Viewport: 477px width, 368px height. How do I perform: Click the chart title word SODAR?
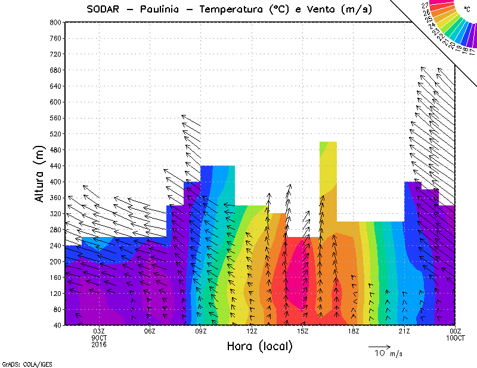(106, 9)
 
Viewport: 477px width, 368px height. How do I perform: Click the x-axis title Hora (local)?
(259, 347)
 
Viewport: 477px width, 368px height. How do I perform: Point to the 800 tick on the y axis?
(55, 22)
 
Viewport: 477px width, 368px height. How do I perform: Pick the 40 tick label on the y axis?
(57, 326)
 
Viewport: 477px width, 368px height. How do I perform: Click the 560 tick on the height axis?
(55, 118)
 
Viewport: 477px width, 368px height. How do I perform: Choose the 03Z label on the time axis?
(99, 331)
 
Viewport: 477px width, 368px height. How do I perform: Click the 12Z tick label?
(252, 331)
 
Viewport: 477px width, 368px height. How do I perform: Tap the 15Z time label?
(302, 331)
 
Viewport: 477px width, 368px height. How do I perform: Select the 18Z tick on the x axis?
(353, 331)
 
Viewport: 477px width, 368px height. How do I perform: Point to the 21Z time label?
(404, 331)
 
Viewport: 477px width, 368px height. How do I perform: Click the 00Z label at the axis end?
(456, 331)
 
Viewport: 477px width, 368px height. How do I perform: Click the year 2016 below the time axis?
(99, 344)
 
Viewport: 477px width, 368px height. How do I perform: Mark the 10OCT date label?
(456, 338)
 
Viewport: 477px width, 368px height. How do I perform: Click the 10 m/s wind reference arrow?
(379, 346)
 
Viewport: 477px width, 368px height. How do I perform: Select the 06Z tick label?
(150, 331)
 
